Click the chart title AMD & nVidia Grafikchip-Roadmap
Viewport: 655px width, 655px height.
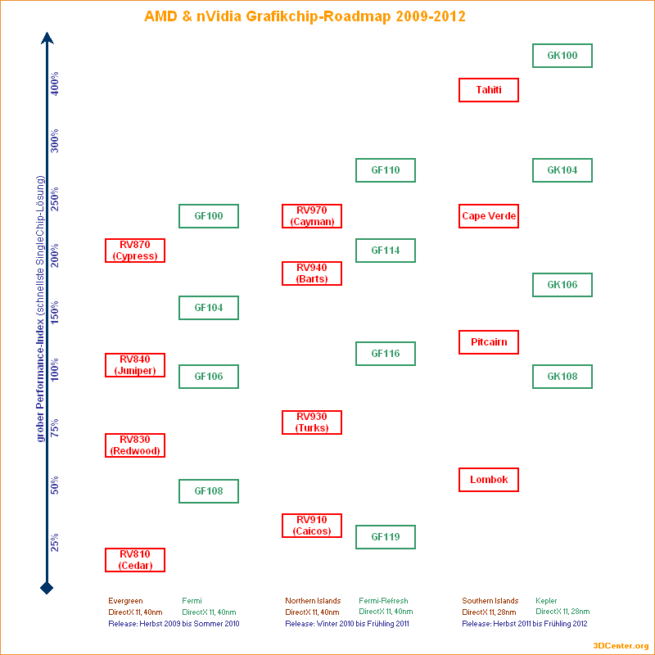305,16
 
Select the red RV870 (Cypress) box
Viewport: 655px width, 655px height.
135,251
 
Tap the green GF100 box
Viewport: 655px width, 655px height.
209,216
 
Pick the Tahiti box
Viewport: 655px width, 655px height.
489,90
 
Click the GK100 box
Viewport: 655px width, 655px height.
562,56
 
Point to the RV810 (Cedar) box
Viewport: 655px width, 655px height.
135,560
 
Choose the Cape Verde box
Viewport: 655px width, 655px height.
489,216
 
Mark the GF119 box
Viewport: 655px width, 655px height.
386,537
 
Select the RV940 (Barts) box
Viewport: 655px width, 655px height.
312,273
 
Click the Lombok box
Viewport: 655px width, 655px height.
489,480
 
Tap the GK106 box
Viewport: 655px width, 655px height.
562,285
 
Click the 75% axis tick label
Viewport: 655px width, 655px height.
56,428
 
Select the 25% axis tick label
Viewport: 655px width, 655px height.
56,543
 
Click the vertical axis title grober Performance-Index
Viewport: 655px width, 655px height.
39,308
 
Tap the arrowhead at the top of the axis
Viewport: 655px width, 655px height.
47,38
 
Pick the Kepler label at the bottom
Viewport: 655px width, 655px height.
546,601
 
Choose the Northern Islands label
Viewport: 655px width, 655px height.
313,601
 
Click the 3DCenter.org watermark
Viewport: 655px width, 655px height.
621,646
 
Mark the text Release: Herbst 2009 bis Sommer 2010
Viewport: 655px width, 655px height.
174,624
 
